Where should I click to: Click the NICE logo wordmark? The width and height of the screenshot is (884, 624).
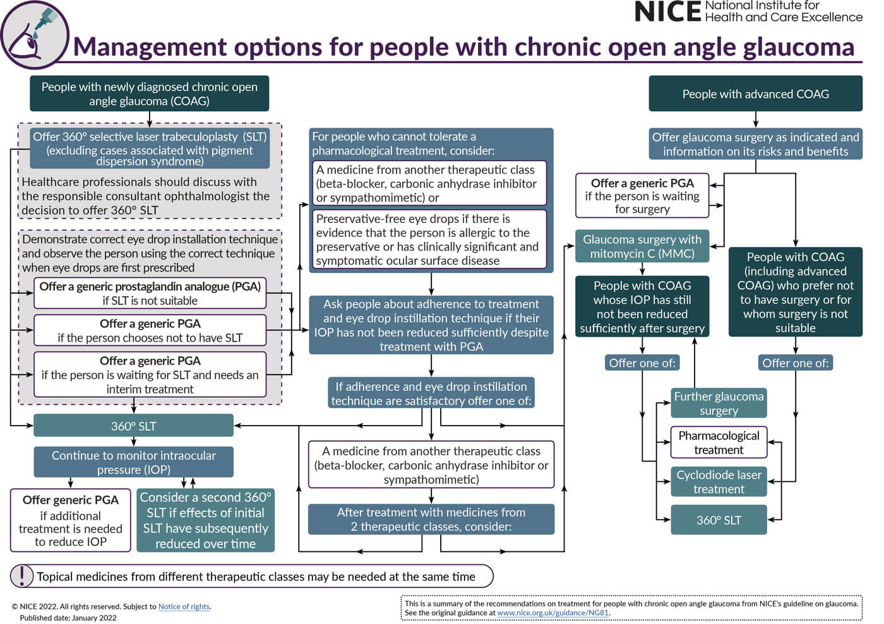[x=667, y=11]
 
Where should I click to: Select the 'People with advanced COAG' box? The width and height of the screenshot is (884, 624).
[x=755, y=94]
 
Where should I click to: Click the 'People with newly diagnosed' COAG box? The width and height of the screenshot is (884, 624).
[x=149, y=93]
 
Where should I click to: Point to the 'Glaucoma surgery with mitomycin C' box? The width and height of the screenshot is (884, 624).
[x=642, y=246]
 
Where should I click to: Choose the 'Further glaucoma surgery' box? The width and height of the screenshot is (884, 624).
[x=719, y=403]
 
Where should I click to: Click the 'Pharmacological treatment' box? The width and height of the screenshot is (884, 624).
[x=719, y=442]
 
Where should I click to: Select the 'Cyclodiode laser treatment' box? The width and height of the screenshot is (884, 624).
[x=719, y=481]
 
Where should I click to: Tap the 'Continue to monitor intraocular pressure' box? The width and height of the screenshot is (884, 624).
[x=133, y=462]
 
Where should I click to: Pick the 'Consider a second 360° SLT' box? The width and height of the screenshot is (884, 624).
[x=205, y=520]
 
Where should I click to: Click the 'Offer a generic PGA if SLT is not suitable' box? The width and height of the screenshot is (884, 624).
[x=150, y=293]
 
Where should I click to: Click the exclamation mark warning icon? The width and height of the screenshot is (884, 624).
[x=22, y=575]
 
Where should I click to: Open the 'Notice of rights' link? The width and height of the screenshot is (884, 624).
[x=184, y=606]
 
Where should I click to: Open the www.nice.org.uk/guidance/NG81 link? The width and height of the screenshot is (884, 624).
[x=552, y=613]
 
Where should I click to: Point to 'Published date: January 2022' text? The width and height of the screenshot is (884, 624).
[x=68, y=618]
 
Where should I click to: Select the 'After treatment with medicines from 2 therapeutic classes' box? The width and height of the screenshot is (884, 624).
[x=431, y=519]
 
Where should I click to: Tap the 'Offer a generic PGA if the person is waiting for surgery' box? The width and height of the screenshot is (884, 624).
[x=642, y=196]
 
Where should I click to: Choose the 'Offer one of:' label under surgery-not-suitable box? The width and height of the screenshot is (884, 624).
[x=795, y=363]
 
